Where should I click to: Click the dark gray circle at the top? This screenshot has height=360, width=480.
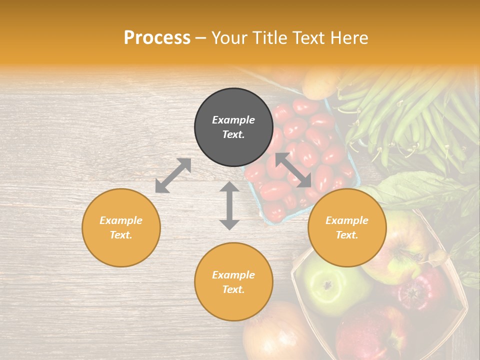tap(233, 127)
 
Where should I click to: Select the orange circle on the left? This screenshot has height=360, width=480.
tap(121, 227)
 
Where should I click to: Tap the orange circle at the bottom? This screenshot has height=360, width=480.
tap(233, 282)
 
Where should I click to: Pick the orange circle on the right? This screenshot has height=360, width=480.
tap(347, 227)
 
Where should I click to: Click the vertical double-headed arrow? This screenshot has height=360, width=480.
tap(229, 205)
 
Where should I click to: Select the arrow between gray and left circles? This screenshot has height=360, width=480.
tap(173, 175)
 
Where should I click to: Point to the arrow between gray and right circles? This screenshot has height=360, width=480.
tap(293, 170)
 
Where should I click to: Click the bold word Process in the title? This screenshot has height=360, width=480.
tap(157, 38)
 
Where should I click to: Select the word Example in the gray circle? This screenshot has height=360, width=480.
tap(233, 120)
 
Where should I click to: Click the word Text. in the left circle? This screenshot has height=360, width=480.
tap(121, 235)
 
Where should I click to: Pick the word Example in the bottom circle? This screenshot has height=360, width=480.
tap(233, 275)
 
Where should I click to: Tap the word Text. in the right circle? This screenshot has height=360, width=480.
tap(347, 235)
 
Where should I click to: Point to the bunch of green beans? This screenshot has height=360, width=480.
tap(400, 110)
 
